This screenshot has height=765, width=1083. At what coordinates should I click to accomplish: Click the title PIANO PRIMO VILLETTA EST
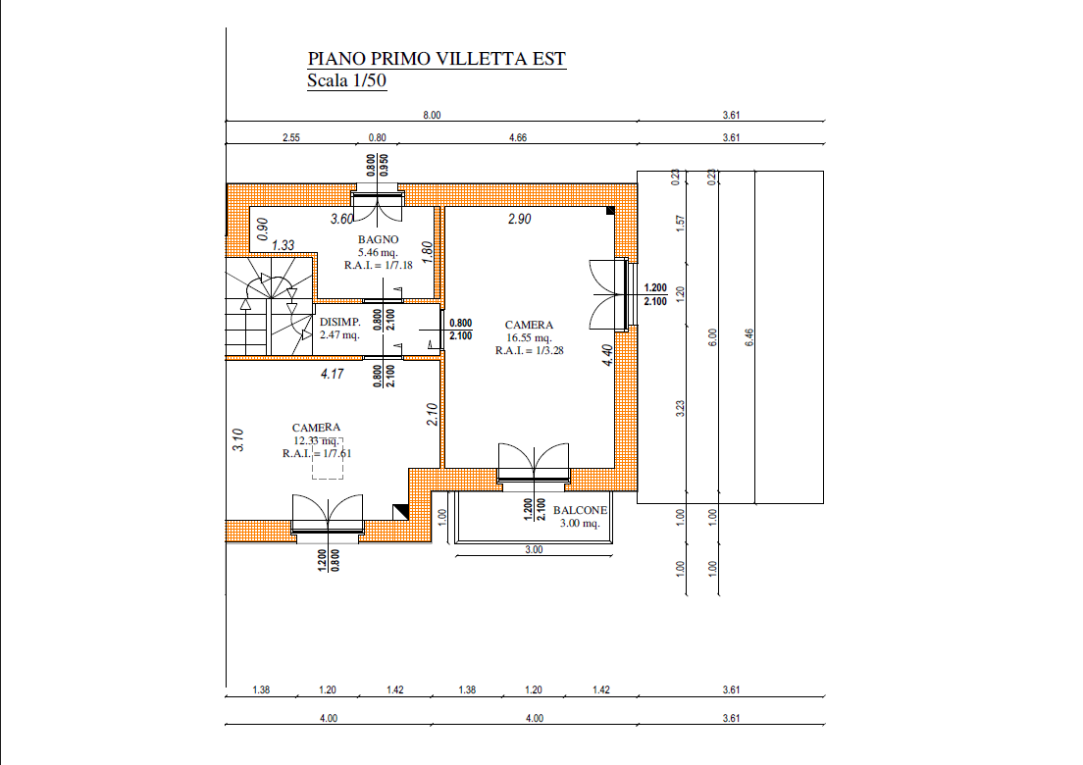437,59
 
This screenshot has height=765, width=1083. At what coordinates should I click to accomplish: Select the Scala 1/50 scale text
346,80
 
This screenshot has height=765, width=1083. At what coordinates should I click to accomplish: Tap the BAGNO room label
378,239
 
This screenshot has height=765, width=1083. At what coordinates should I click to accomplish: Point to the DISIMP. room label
339,322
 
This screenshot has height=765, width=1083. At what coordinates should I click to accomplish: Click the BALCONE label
580,510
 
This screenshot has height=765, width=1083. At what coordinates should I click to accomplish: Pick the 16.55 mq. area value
529,337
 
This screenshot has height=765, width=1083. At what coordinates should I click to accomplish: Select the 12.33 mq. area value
316,440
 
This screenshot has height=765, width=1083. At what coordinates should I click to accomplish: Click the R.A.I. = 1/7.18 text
378,265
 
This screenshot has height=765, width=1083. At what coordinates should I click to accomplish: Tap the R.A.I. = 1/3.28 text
529,351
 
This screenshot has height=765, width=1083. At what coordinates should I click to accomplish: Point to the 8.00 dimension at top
432,116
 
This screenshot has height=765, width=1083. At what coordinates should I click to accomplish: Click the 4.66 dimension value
518,137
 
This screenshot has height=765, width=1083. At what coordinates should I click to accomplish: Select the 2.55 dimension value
291,137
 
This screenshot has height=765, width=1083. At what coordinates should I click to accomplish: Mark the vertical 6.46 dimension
750,337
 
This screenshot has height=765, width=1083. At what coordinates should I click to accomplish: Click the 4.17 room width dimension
333,374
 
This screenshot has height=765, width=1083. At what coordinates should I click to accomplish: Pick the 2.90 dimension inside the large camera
519,219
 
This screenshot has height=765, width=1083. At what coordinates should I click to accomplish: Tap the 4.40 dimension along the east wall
607,355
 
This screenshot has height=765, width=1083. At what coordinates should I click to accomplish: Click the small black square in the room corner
610,211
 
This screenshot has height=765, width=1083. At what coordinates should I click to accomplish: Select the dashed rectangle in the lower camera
328,458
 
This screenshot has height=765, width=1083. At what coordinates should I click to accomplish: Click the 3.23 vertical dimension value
681,408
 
